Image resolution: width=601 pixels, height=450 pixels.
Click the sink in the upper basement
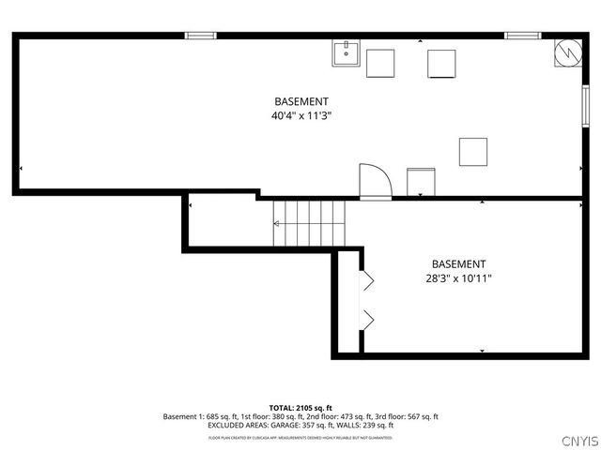[346, 53]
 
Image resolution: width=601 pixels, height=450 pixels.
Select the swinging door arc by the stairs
[375, 181]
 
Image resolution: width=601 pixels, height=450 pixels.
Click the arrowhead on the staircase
[277, 224]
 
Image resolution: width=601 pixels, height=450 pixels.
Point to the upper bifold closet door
[368, 279]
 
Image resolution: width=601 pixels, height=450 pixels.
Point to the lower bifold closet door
[368, 320]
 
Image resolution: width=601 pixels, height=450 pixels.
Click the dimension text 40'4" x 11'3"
[301, 116]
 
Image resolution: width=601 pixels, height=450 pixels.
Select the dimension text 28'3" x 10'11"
[459, 278]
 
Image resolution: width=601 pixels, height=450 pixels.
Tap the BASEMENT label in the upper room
[301, 101]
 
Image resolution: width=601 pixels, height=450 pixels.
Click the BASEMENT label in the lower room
[459, 264]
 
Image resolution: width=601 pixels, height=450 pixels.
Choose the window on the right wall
[583, 99]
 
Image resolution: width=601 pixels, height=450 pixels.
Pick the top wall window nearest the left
[200, 36]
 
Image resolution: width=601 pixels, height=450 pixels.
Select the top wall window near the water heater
[522, 36]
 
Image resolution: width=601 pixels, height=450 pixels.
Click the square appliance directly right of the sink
[380, 63]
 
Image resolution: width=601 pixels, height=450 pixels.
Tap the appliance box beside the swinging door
[421, 181]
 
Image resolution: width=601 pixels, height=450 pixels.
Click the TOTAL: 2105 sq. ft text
[300, 408]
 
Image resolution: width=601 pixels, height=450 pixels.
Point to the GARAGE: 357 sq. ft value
[292, 425]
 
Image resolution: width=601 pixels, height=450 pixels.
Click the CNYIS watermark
[579, 441]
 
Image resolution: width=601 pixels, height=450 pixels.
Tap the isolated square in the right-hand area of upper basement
[473, 152]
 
